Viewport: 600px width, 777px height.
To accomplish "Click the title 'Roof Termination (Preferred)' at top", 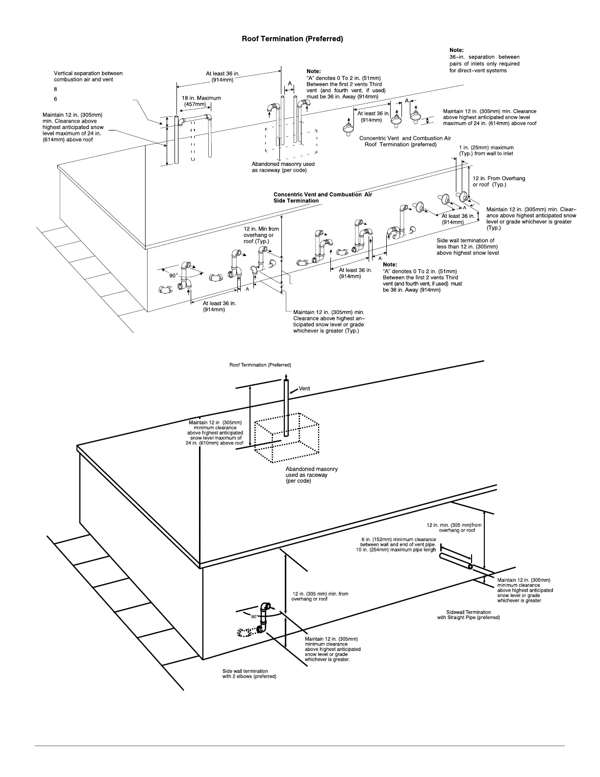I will (x=292, y=39).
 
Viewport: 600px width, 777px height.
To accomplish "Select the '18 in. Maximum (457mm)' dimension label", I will (x=201, y=101).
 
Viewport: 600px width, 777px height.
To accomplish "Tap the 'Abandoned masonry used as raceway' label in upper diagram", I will (x=283, y=167).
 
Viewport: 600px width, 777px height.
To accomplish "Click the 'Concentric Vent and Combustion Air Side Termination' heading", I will (x=323, y=198).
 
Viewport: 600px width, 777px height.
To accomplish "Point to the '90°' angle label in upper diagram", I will (x=173, y=276).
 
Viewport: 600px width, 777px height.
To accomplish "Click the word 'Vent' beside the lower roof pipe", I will (x=304, y=388).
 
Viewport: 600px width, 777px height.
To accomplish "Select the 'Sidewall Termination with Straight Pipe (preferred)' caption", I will (x=468, y=615).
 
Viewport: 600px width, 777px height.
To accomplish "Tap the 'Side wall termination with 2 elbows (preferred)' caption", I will (x=249, y=674).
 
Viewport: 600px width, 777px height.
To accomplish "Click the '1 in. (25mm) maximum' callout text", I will (x=486, y=151).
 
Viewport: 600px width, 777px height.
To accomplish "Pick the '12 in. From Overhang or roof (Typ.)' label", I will (x=499, y=181).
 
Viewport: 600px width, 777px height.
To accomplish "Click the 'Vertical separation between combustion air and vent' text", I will (x=88, y=77).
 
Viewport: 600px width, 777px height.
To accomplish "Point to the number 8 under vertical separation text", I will (x=55, y=89).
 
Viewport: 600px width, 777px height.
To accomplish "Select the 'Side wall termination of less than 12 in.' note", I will (x=467, y=247).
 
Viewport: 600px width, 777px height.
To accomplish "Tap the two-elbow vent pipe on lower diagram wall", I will (x=264, y=618).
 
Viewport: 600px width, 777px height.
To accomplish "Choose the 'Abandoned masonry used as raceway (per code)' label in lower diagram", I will (x=311, y=475).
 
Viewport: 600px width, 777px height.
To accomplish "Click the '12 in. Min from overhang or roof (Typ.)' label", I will (x=261, y=235).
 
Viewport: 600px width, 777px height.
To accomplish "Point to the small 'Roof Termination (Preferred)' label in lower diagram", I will (x=260, y=365).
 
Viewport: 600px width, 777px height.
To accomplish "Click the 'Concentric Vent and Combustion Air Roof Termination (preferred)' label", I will (x=404, y=141).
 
